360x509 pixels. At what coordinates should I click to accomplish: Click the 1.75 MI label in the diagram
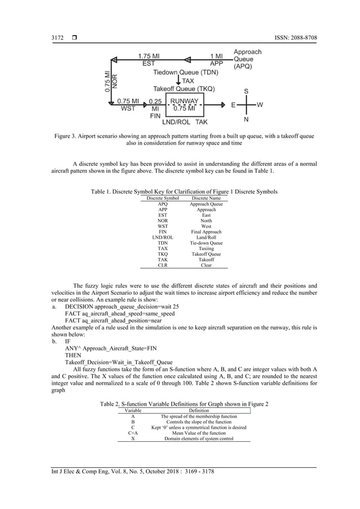pyautogui.click(x=149, y=56)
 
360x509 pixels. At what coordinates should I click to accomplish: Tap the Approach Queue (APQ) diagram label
pyautogui.click(x=247, y=59)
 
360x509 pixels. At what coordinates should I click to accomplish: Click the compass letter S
pyautogui.click(x=246, y=90)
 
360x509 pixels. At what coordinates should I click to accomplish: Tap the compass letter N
pyautogui.click(x=246, y=120)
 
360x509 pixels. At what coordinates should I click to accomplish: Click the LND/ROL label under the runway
pyautogui.click(x=176, y=121)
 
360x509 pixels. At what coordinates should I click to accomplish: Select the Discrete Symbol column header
pyautogui.click(x=163, y=199)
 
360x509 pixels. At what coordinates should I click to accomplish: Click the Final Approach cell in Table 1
pyautogui.click(x=206, y=232)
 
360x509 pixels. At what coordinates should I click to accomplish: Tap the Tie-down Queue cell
pyautogui.click(x=206, y=243)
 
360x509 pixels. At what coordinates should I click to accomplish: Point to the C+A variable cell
pyautogui.click(x=133, y=433)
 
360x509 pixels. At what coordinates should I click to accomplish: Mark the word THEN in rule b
pyautogui.click(x=73, y=356)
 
